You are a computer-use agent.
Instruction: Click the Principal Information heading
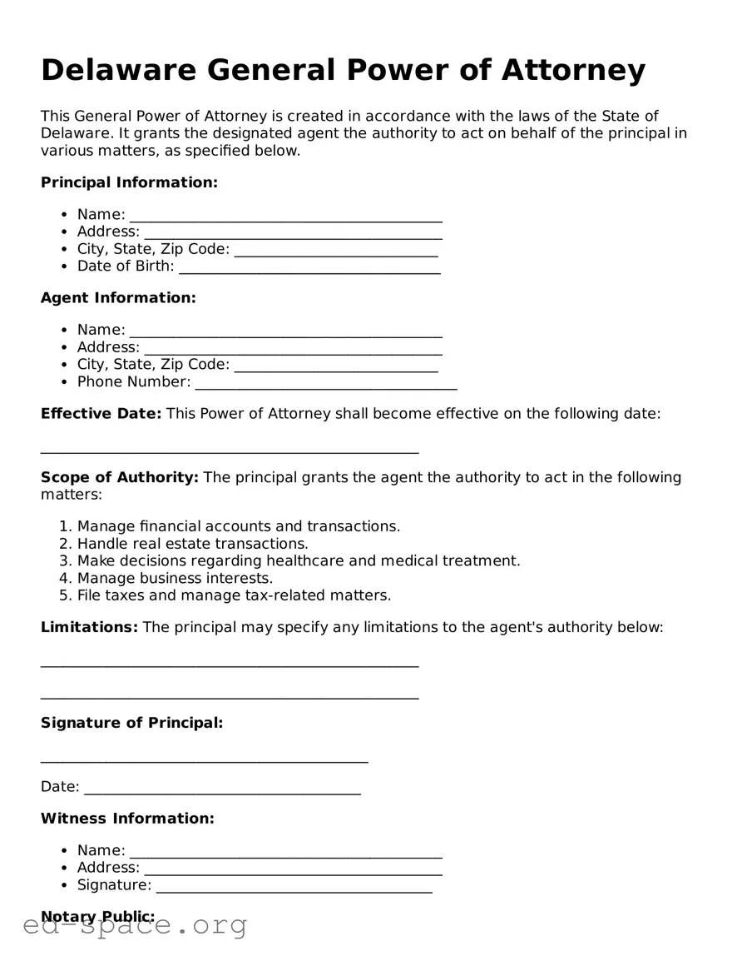click(129, 182)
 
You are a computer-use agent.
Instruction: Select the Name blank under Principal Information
click(285, 217)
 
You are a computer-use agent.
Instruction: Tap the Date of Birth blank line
click(309, 268)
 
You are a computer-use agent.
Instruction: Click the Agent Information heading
click(118, 298)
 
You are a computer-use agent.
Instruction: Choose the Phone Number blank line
click(325, 384)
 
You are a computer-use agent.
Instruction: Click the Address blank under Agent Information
click(293, 349)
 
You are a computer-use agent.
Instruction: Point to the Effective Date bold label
click(101, 414)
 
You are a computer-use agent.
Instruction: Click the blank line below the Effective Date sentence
click(230, 451)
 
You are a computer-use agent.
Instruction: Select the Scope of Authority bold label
click(119, 477)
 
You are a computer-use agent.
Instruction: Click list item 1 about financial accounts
click(239, 526)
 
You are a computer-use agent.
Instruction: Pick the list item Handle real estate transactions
click(192, 544)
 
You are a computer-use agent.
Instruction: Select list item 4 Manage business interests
click(175, 578)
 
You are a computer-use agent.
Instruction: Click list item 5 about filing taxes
click(234, 595)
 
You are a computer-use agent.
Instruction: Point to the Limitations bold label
click(89, 627)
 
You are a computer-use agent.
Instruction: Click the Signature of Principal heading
click(131, 723)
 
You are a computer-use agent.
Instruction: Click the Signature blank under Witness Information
click(294, 887)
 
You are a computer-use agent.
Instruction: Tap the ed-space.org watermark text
click(135, 925)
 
